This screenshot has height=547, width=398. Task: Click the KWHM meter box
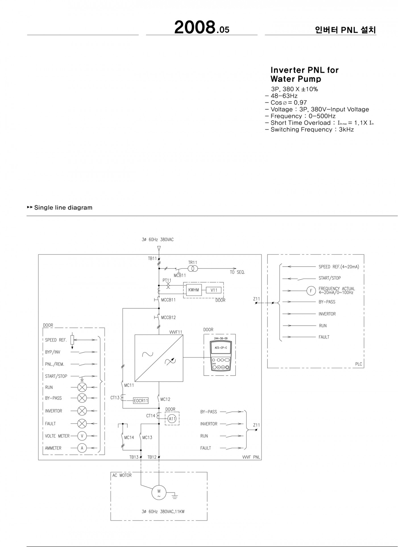194,290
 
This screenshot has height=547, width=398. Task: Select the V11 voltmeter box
214,290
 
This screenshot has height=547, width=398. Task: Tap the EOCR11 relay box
141,401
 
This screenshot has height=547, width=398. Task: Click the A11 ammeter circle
172,419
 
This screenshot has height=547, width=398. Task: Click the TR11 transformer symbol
192,268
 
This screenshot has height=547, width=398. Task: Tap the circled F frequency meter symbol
311,291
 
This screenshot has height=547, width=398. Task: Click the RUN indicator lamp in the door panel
82,387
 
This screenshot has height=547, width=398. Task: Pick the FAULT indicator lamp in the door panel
82,423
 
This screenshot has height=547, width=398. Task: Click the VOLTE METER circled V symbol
82,436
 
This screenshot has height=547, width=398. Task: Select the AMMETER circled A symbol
82,448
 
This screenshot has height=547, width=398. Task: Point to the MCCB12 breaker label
168,317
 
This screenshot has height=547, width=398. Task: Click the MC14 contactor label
129,437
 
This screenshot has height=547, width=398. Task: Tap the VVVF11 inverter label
176,332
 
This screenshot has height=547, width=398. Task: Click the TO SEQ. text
237,272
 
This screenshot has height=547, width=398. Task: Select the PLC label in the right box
359,364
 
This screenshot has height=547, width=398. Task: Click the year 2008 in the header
194,28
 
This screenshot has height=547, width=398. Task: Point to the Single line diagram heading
63,208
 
